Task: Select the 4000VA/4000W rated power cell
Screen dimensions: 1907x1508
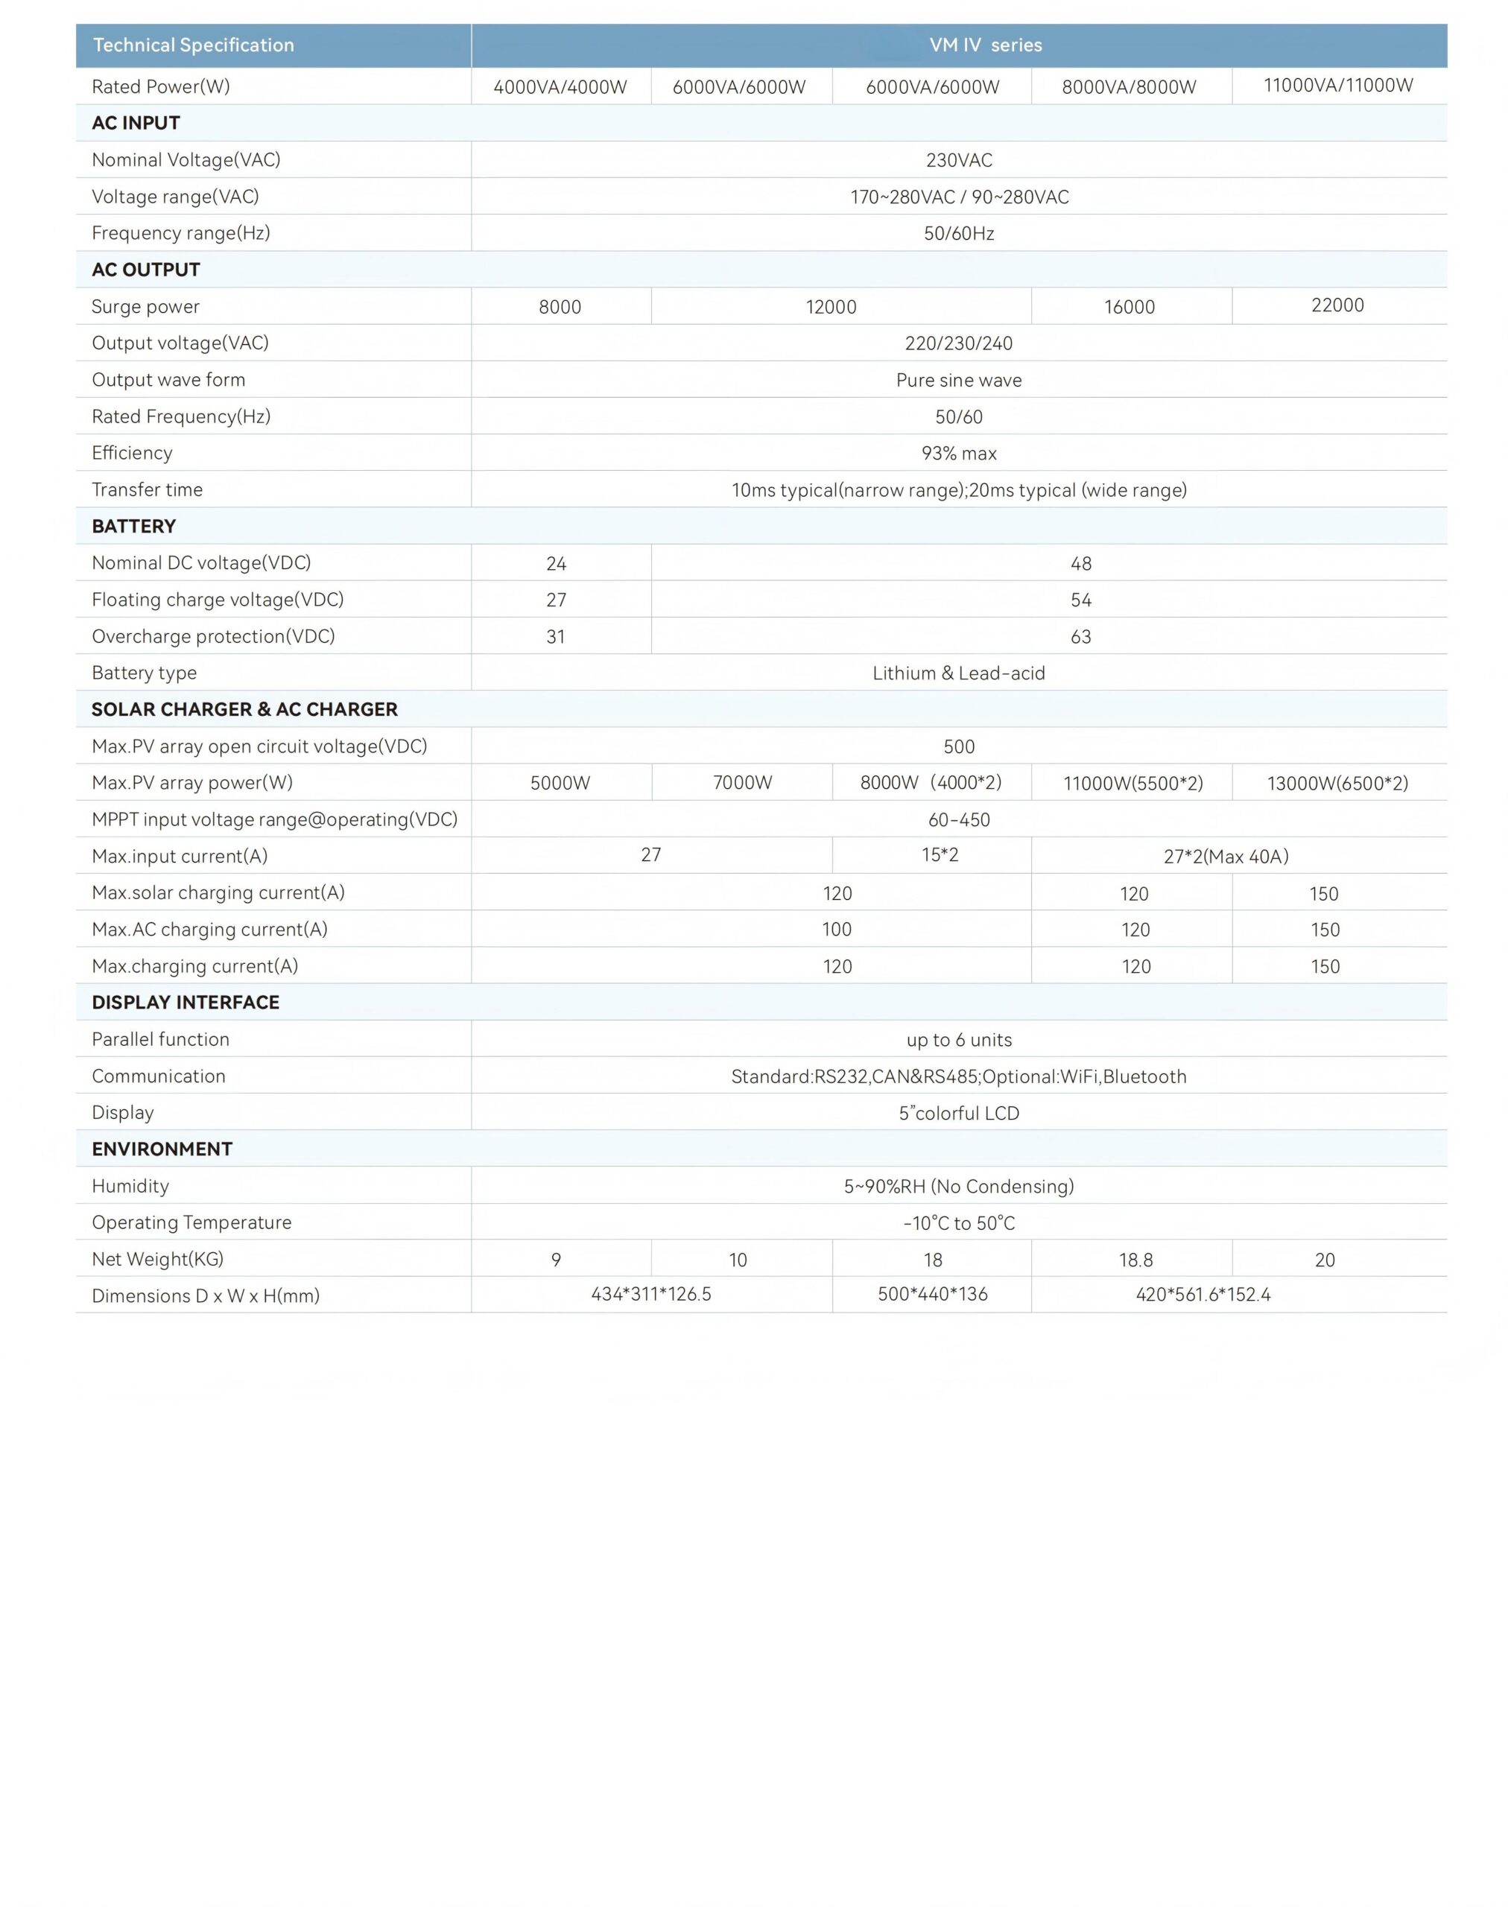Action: pos(560,86)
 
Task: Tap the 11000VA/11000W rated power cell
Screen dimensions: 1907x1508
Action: pos(1337,86)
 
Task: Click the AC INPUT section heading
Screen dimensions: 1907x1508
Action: pos(136,123)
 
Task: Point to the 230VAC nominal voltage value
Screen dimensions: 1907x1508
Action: pos(959,161)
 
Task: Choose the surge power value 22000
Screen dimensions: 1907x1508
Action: pos(1337,305)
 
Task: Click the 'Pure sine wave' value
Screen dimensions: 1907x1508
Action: pos(959,381)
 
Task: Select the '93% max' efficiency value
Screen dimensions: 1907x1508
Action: pos(959,454)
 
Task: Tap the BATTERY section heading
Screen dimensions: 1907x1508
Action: pos(134,526)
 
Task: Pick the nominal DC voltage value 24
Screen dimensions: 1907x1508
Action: pos(557,563)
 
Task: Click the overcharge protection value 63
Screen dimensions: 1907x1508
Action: pos(1080,637)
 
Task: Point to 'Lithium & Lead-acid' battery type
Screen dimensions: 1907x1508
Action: pos(959,673)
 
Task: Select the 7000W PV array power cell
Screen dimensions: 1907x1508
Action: pos(743,783)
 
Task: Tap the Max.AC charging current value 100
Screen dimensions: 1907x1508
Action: pos(837,930)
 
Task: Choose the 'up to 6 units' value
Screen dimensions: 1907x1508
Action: pos(959,1040)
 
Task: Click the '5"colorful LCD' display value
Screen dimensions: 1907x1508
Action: pos(959,1114)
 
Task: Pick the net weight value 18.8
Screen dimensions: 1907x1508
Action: pos(1135,1260)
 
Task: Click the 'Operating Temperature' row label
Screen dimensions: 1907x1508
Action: pos(191,1222)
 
